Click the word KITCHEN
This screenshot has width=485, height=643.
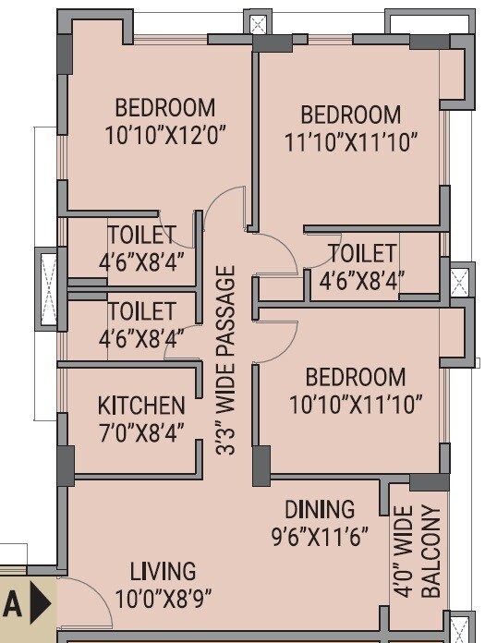pos(141,406)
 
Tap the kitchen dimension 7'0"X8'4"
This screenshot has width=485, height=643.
pos(141,431)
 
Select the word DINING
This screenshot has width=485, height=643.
pos(319,509)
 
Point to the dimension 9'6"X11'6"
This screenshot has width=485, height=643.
pos(319,534)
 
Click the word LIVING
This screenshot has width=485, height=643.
pos(162,571)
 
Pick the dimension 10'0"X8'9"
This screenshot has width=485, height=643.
pos(162,598)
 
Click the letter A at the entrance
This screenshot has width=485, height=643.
pos(12,604)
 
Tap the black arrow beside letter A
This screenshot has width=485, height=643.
pos(40,604)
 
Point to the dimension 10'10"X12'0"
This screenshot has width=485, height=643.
pos(166,135)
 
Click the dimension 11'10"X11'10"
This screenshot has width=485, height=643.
pos(352,141)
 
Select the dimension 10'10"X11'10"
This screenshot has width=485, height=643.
pos(356,404)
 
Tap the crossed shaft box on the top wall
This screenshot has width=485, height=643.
pos(260,26)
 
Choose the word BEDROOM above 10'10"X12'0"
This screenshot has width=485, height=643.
pos(165,108)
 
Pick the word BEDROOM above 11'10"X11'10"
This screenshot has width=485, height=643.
pos(351,115)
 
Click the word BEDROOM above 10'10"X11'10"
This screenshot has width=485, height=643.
pos(356,378)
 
